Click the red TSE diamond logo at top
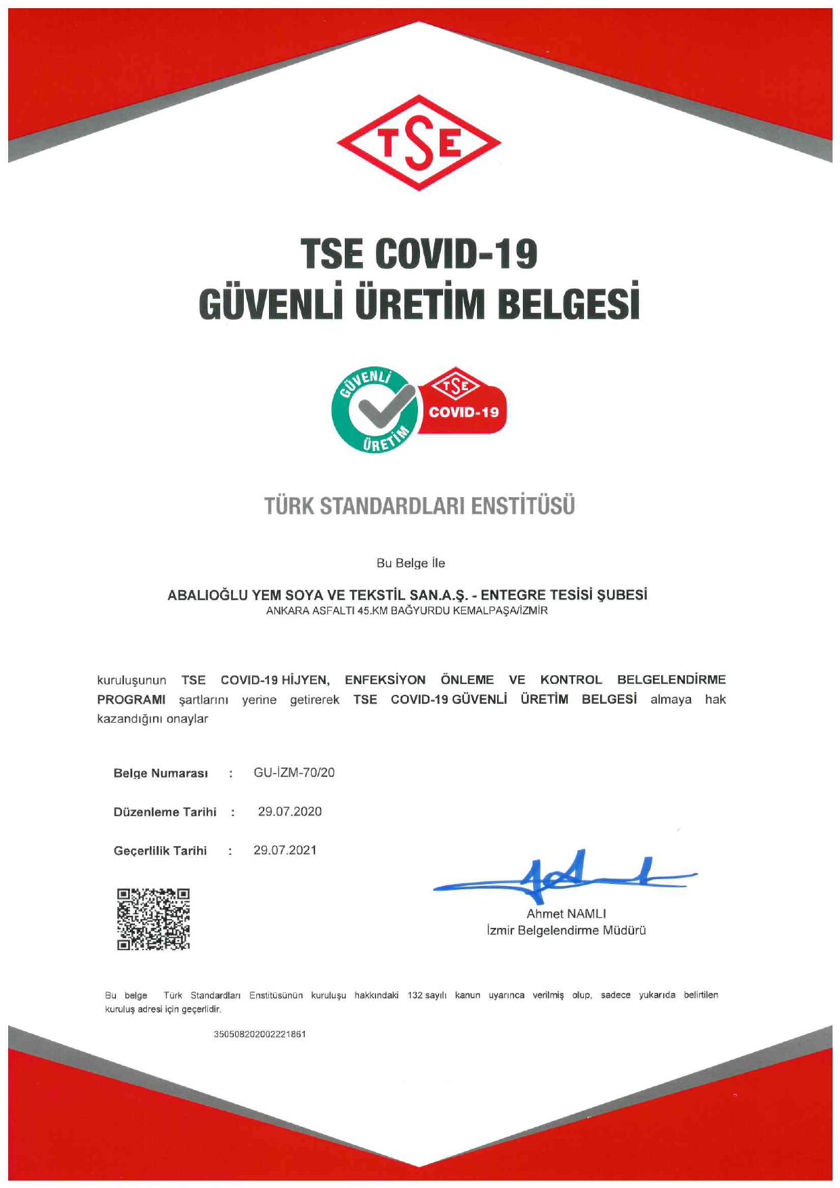(419, 143)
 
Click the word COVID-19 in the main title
(456, 254)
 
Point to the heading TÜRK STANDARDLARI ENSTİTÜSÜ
(419, 506)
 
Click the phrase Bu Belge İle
(411, 563)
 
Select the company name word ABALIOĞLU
(208, 595)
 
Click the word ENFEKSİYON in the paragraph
(385, 680)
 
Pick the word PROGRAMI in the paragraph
(131, 700)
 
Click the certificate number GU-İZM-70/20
(294, 773)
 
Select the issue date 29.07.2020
(290, 811)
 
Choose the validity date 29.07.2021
(285, 850)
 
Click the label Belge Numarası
(161, 773)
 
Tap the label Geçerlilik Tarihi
(160, 851)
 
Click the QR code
(153, 919)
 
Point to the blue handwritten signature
(562, 877)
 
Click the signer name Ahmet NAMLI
(566, 914)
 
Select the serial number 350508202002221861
(259, 1034)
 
